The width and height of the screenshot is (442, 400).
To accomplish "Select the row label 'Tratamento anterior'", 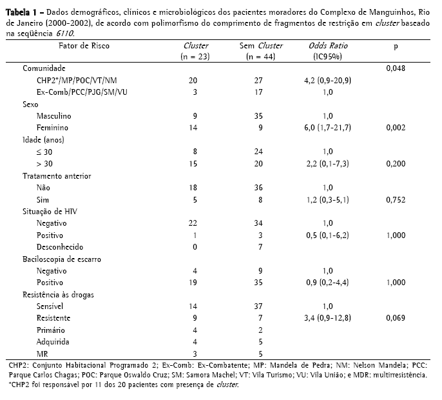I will [57, 175].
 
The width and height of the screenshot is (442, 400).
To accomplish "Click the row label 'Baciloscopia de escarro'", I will [62, 259].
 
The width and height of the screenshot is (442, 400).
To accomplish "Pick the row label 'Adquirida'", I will [53, 342].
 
